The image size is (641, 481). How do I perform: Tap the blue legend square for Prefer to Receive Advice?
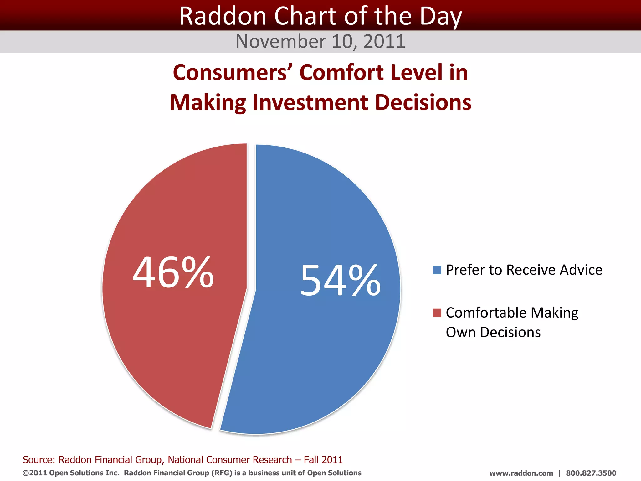coord(437,270)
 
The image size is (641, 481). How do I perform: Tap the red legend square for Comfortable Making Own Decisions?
coord(437,313)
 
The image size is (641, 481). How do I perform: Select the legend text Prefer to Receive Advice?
coord(524,270)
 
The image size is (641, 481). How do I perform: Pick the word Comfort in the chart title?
coord(341,73)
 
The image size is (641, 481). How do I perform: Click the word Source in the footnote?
coord(38,460)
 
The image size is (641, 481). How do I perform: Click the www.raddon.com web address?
coord(521,473)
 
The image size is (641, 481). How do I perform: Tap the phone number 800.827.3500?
coord(591,473)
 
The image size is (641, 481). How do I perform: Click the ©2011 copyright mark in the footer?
coord(34,473)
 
